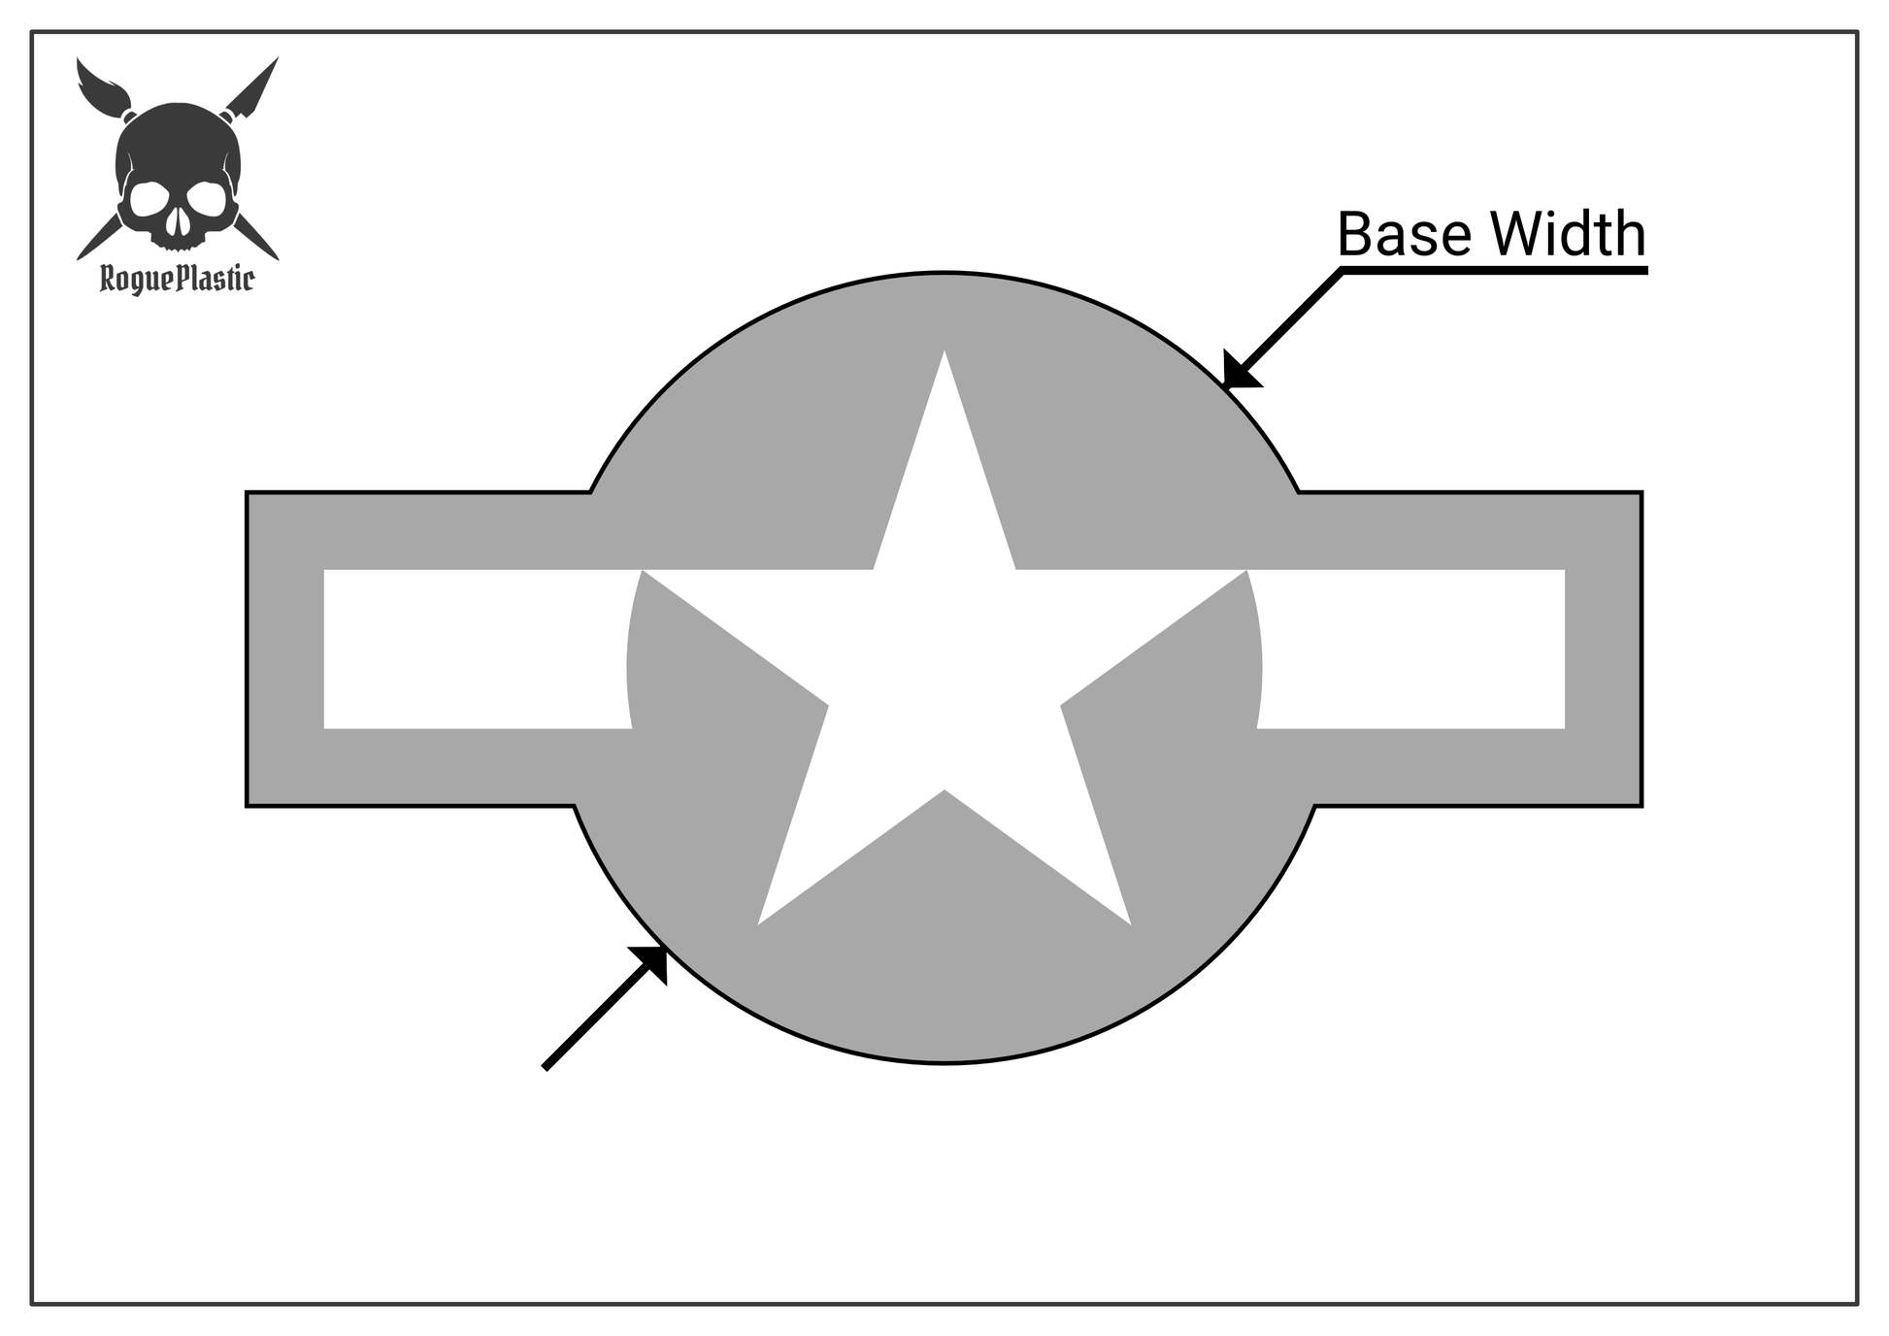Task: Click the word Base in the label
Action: pos(1404,235)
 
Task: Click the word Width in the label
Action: pos(1569,235)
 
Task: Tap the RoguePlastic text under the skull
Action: pos(177,281)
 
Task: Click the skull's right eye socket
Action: pos(207,200)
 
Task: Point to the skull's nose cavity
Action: pos(178,226)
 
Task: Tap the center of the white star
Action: pos(944,670)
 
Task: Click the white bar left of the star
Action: pos(476,649)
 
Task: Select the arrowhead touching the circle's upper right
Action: pos(1239,372)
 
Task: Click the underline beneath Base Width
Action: pos(1495,271)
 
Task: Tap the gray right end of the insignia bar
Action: pos(1603,649)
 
